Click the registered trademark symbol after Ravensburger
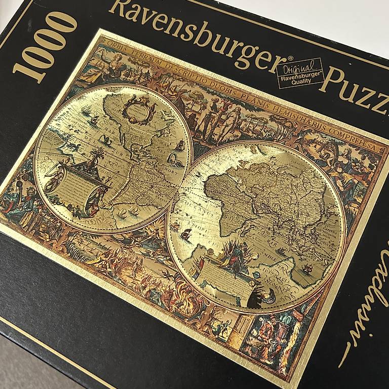290,60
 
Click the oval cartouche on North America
139,108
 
